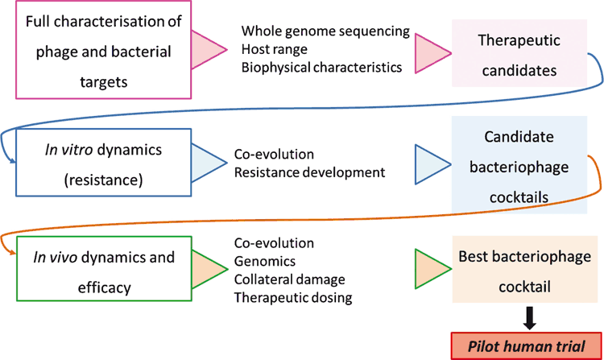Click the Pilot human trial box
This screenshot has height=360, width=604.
click(x=526, y=346)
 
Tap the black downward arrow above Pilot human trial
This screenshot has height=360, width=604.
click(x=530, y=318)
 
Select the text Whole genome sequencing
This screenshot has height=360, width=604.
click(x=325, y=31)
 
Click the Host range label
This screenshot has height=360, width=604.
click(x=275, y=49)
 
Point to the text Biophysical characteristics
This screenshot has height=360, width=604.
click(x=321, y=68)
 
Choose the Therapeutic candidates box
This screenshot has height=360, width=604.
click(x=519, y=53)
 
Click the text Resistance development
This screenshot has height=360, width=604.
click(x=309, y=172)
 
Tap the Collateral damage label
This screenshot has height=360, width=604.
click(x=289, y=279)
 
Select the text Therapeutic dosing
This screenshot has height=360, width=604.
click(x=293, y=298)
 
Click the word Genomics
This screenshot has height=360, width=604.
click(x=265, y=262)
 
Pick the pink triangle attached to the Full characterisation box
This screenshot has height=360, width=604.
click(x=209, y=50)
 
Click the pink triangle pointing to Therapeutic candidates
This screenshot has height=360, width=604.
click(x=433, y=53)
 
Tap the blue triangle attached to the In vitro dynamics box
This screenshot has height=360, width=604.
click(x=209, y=163)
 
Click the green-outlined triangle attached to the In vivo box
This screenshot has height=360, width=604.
click(x=209, y=269)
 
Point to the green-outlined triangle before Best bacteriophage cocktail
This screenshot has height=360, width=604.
click(x=433, y=269)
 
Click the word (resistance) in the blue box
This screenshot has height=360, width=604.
click(x=104, y=180)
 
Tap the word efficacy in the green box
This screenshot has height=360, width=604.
click(x=105, y=288)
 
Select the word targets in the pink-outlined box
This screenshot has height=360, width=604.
click(x=104, y=82)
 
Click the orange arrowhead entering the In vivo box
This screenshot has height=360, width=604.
click(x=13, y=253)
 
